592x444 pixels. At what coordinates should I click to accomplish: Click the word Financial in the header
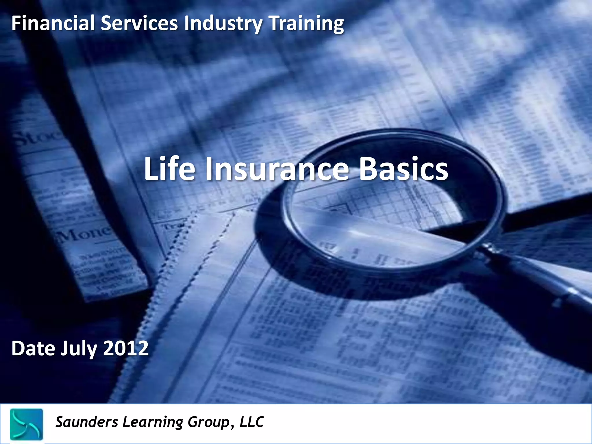53,24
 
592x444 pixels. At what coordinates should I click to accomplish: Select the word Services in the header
139,24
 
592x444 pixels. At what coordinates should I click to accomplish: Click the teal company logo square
26,424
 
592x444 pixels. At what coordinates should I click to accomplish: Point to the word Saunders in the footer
87,422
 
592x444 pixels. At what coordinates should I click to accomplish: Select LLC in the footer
251,422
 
